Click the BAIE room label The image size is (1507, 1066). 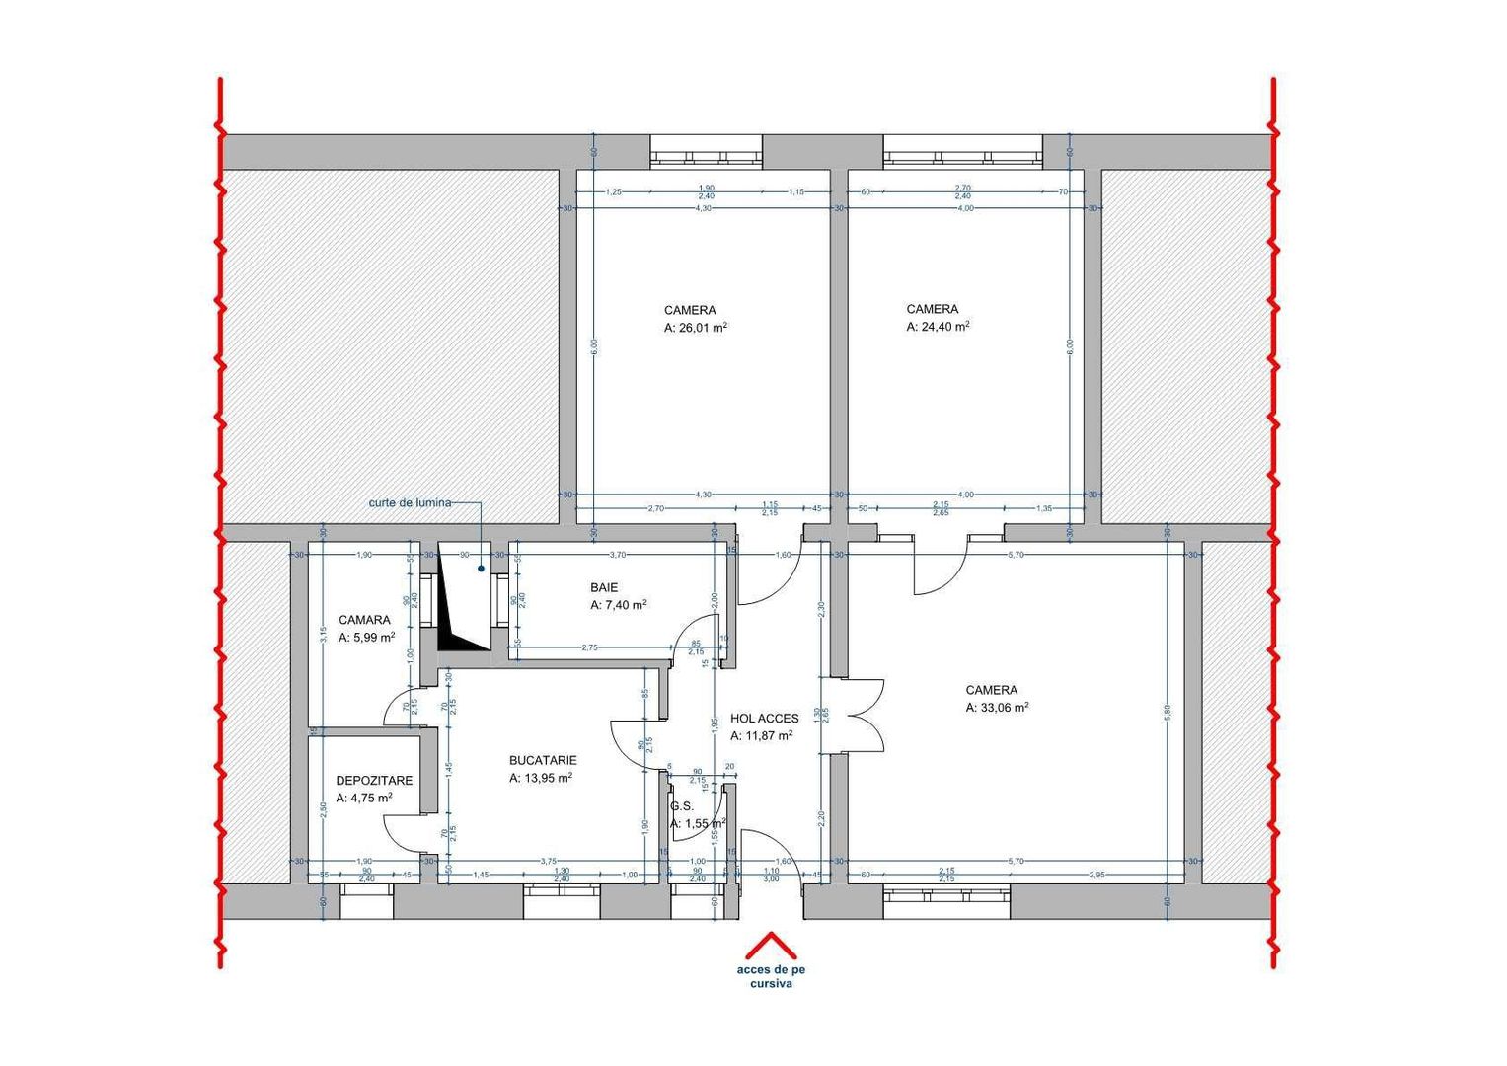[604, 587]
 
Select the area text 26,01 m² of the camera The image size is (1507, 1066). [696, 328]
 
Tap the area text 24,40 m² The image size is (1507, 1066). [938, 327]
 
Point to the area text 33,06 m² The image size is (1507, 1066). [997, 708]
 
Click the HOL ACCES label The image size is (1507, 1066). [764, 719]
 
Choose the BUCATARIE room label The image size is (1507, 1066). [543, 760]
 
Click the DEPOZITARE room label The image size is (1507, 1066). [374, 780]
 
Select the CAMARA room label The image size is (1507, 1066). [364, 620]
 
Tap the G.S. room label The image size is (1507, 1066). [682, 805]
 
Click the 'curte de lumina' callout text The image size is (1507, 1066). [410, 502]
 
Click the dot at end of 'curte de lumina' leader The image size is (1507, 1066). [482, 568]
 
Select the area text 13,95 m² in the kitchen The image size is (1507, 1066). [541, 778]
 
